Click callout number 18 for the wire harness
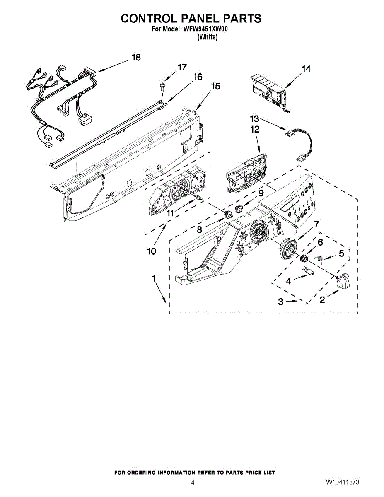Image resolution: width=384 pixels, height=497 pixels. [x=136, y=58]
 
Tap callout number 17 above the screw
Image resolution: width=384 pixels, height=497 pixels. [x=182, y=68]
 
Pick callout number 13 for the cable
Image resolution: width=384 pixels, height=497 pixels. [x=254, y=118]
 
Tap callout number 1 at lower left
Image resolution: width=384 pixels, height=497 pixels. [x=154, y=279]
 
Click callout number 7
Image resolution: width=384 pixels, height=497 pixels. [x=316, y=224]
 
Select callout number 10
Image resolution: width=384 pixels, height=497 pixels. [x=152, y=251]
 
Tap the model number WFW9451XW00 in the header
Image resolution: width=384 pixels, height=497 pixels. [x=205, y=29]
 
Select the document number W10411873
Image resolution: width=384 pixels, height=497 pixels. [x=342, y=483]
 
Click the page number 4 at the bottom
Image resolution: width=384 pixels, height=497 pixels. [x=193, y=483]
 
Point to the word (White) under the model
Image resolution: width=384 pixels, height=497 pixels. [x=207, y=37]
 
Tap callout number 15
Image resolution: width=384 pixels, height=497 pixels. [x=215, y=87]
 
